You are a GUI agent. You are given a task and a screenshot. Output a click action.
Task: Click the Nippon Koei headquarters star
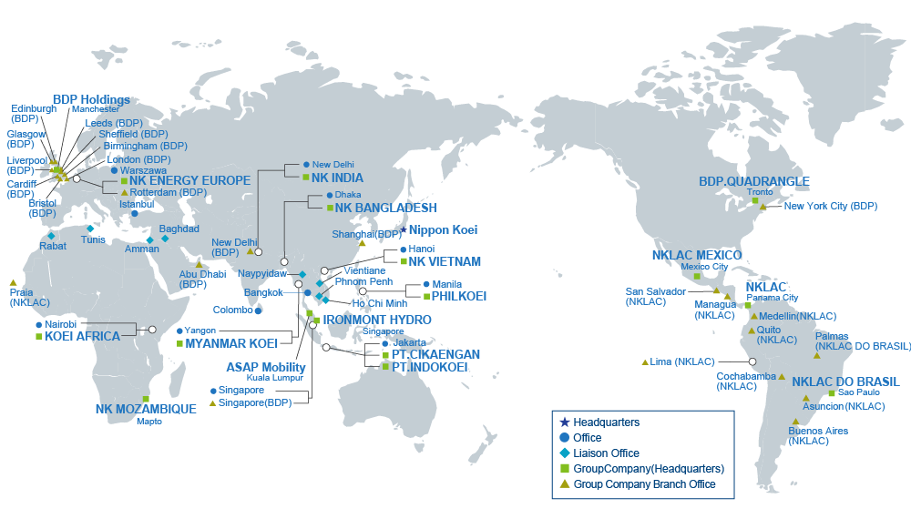404,230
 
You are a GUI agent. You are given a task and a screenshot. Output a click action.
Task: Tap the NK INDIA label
337,178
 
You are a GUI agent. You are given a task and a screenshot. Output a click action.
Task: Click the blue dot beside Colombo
259,310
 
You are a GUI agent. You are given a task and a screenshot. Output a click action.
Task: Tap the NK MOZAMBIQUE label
146,409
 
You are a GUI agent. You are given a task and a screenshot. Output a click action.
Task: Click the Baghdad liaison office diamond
165,239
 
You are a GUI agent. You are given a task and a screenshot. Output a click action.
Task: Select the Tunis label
94,239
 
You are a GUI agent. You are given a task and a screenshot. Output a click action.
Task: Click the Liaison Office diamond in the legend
565,453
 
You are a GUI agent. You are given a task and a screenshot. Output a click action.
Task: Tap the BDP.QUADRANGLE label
753,182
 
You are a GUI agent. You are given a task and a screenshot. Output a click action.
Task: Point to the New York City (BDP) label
830,207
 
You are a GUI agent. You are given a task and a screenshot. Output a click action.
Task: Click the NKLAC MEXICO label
697,255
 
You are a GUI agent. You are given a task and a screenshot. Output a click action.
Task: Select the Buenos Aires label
817,430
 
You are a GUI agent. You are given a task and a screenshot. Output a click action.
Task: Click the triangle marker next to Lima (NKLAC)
645,362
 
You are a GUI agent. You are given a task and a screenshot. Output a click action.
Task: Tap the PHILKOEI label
459,296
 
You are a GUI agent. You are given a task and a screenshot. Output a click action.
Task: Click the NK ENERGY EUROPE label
189,180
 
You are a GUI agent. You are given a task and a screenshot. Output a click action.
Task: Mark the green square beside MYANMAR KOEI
179,344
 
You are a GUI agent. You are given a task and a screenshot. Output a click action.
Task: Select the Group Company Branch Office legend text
644,484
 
